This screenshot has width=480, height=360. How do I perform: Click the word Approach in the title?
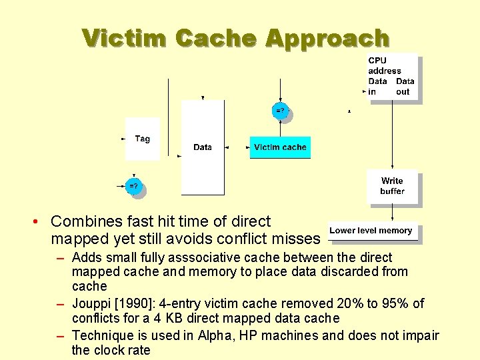327,38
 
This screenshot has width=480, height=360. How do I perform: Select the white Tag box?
142,139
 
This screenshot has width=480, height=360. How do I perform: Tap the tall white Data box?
203,147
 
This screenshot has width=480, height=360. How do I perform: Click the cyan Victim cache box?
280,147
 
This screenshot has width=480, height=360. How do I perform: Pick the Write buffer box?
392,186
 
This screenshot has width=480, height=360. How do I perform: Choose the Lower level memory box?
371,231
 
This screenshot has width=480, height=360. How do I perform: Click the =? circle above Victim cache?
280,110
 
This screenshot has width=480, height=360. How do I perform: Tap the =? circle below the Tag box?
134,186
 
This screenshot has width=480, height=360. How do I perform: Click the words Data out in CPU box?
404,87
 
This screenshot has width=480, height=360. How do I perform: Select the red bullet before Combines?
41,221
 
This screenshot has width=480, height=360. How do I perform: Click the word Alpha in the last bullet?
215,335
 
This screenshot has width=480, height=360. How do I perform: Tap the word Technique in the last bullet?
99,335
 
